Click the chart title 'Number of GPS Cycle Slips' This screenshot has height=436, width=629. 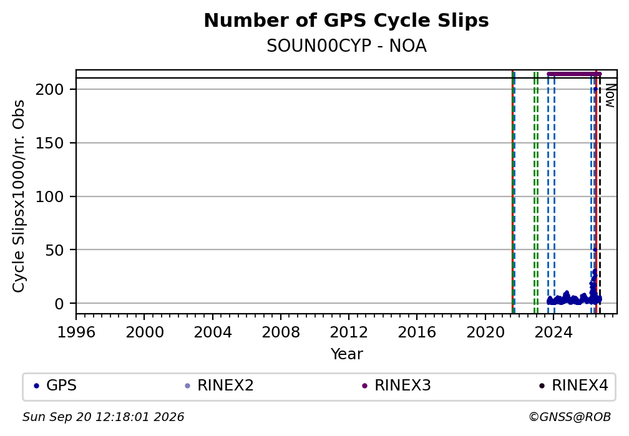(346, 21)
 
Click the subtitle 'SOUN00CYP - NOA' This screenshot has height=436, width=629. (346, 46)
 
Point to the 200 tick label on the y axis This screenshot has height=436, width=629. (50, 89)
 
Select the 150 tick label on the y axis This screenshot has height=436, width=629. (50, 143)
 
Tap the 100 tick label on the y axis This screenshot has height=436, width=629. (50, 196)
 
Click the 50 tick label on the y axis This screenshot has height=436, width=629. (54, 250)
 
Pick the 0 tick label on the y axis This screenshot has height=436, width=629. (59, 304)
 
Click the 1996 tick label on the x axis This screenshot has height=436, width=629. (76, 332)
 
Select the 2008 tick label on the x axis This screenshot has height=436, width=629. (281, 332)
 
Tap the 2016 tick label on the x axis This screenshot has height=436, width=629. (417, 332)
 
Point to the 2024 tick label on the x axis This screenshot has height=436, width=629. (553, 332)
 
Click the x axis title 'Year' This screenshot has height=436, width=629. (346, 354)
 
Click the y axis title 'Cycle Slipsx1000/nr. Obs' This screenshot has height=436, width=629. (19, 196)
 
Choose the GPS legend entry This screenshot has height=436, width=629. (56, 385)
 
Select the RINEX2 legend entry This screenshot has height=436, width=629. (219, 385)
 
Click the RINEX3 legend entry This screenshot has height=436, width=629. (396, 385)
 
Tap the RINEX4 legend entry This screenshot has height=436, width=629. (573, 385)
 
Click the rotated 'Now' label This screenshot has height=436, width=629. (610, 95)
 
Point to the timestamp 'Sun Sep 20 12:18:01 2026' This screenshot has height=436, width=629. (103, 417)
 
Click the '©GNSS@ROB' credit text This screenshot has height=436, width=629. (570, 417)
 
